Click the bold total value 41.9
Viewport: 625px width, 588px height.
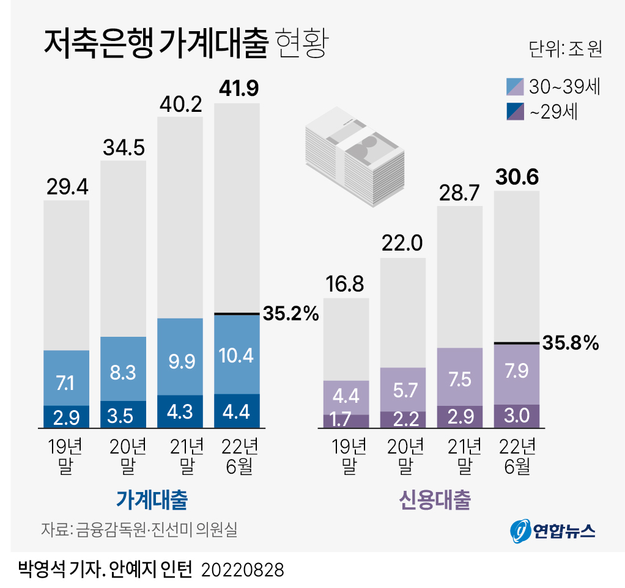pyautogui.click(x=239, y=89)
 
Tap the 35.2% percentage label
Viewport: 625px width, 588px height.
pyautogui.click(x=291, y=314)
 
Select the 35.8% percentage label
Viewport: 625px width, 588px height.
pyautogui.click(x=569, y=344)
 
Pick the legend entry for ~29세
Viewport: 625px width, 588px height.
pyautogui.click(x=544, y=112)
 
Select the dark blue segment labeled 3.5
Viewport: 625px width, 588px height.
pyautogui.click(x=123, y=414)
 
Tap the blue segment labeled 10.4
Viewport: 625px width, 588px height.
pyautogui.click(x=237, y=354)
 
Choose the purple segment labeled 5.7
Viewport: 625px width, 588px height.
pyautogui.click(x=403, y=389)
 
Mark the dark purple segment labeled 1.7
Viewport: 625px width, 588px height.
pyautogui.click(x=346, y=421)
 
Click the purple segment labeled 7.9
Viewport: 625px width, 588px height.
pyautogui.click(x=516, y=373)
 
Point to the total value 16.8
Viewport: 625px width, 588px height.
pyautogui.click(x=346, y=284)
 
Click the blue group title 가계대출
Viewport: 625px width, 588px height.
pyautogui.click(x=152, y=500)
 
